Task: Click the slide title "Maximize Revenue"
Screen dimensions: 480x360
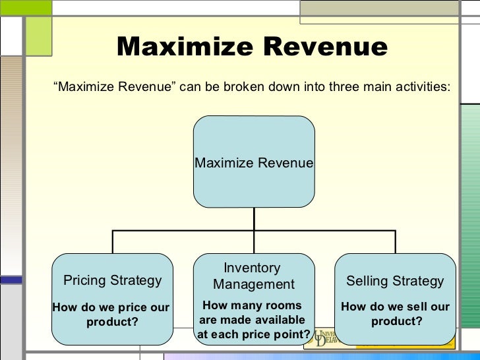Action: click(x=253, y=47)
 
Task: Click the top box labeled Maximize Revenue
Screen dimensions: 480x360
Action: click(x=254, y=162)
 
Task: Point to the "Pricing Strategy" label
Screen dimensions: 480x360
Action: click(x=112, y=280)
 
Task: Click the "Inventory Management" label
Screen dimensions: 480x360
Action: click(x=253, y=276)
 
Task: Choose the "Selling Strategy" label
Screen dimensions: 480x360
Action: click(x=395, y=281)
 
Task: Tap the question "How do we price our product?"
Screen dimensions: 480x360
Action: click(x=111, y=315)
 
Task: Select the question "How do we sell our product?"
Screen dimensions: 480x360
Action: click(x=395, y=315)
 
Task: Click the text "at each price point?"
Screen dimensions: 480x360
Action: click(x=253, y=335)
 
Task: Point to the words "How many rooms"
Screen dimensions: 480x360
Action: click(x=252, y=305)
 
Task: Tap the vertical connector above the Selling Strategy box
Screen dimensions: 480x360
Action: click(x=395, y=241)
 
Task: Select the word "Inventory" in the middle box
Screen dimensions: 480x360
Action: click(x=252, y=268)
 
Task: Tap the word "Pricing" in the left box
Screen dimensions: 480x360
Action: click(x=85, y=280)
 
